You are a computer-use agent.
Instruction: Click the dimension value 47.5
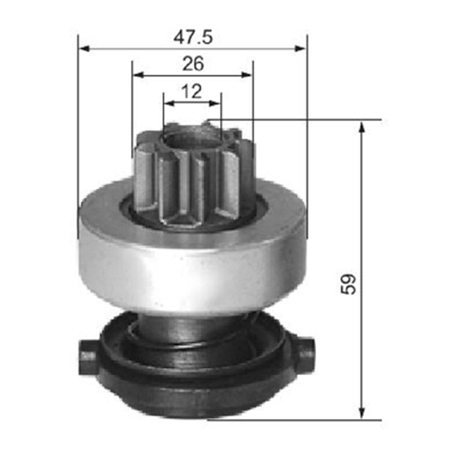pyautogui.click(x=193, y=37)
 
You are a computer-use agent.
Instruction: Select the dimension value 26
pyautogui.click(x=192, y=63)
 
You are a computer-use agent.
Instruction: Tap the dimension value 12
pyautogui.click(x=192, y=91)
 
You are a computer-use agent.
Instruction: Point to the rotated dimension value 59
pyautogui.click(x=348, y=283)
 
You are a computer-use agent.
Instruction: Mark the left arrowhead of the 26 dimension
pyautogui.click(x=138, y=75)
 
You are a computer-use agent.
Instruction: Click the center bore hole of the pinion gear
pyautogui.click(x=191, y=140)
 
